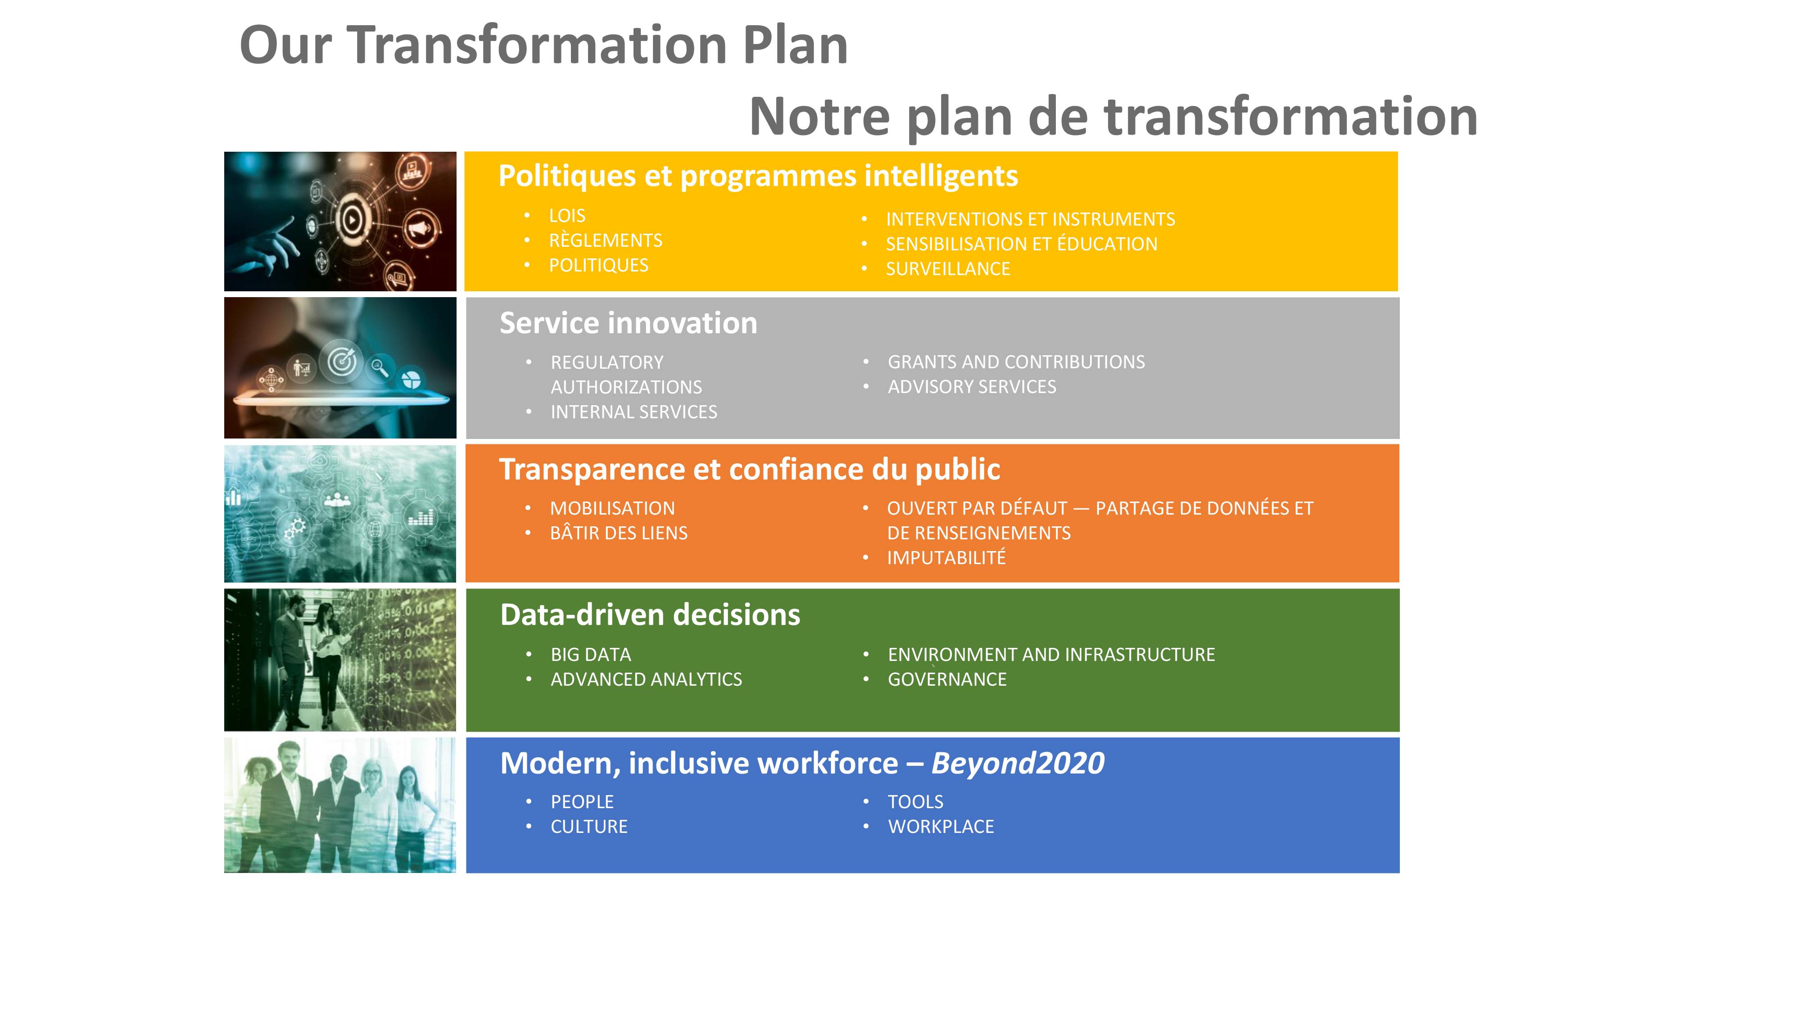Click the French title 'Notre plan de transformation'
point(1113,117)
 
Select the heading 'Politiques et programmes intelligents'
point(758,176)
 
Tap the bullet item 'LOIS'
point(567,216)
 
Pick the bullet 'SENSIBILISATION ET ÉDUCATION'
point(1022,244)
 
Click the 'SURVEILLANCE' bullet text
point(948,269)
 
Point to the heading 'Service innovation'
point(629,323)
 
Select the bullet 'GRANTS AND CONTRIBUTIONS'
point(1016,362)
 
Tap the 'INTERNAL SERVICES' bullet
point(634,412)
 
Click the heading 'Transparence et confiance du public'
point(750,470)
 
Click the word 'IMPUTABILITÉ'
point(946,557)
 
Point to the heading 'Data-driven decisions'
point(650,615)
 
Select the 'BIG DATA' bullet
point(591,655)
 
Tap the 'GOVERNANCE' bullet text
point(947,679)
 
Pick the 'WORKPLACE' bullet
point(941,827)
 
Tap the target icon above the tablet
point(342,362)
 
